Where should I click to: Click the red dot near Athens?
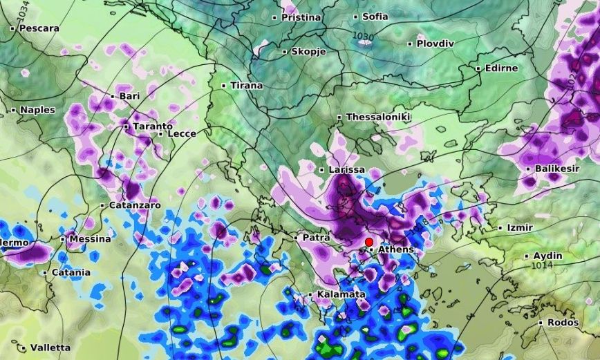click(x=369, y=242)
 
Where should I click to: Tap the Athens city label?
click(x=395, y=249)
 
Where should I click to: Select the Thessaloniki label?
click(x=377, y=117)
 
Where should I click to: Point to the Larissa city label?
click(x=346, y=169)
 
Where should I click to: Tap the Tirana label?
click(x=246, y=86)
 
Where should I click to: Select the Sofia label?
click(x=375, y=17)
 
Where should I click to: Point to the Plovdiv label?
click(x=435, y=44)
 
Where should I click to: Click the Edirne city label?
click(x=501, y=68)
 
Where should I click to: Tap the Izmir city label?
click(x=520, y=227)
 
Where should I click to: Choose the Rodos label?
click(x=562, y=323)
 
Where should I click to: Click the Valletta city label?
click(x=50, y=348)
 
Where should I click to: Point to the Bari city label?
click(x=129, y=96)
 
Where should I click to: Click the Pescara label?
click(x=39, y=29)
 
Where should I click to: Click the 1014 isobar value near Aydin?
click(x=543, y=265)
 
